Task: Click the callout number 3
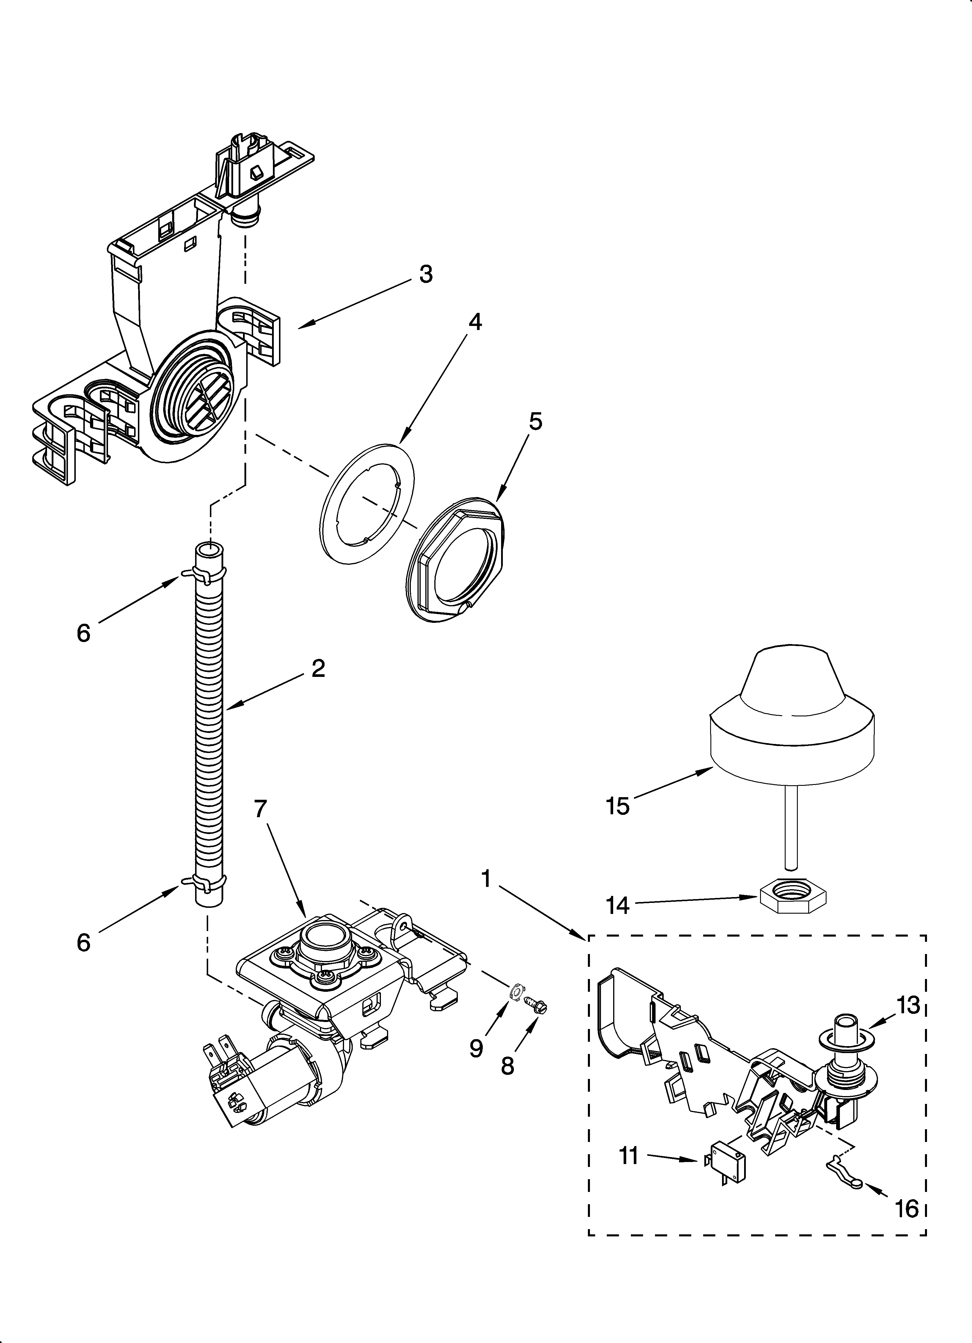426,275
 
